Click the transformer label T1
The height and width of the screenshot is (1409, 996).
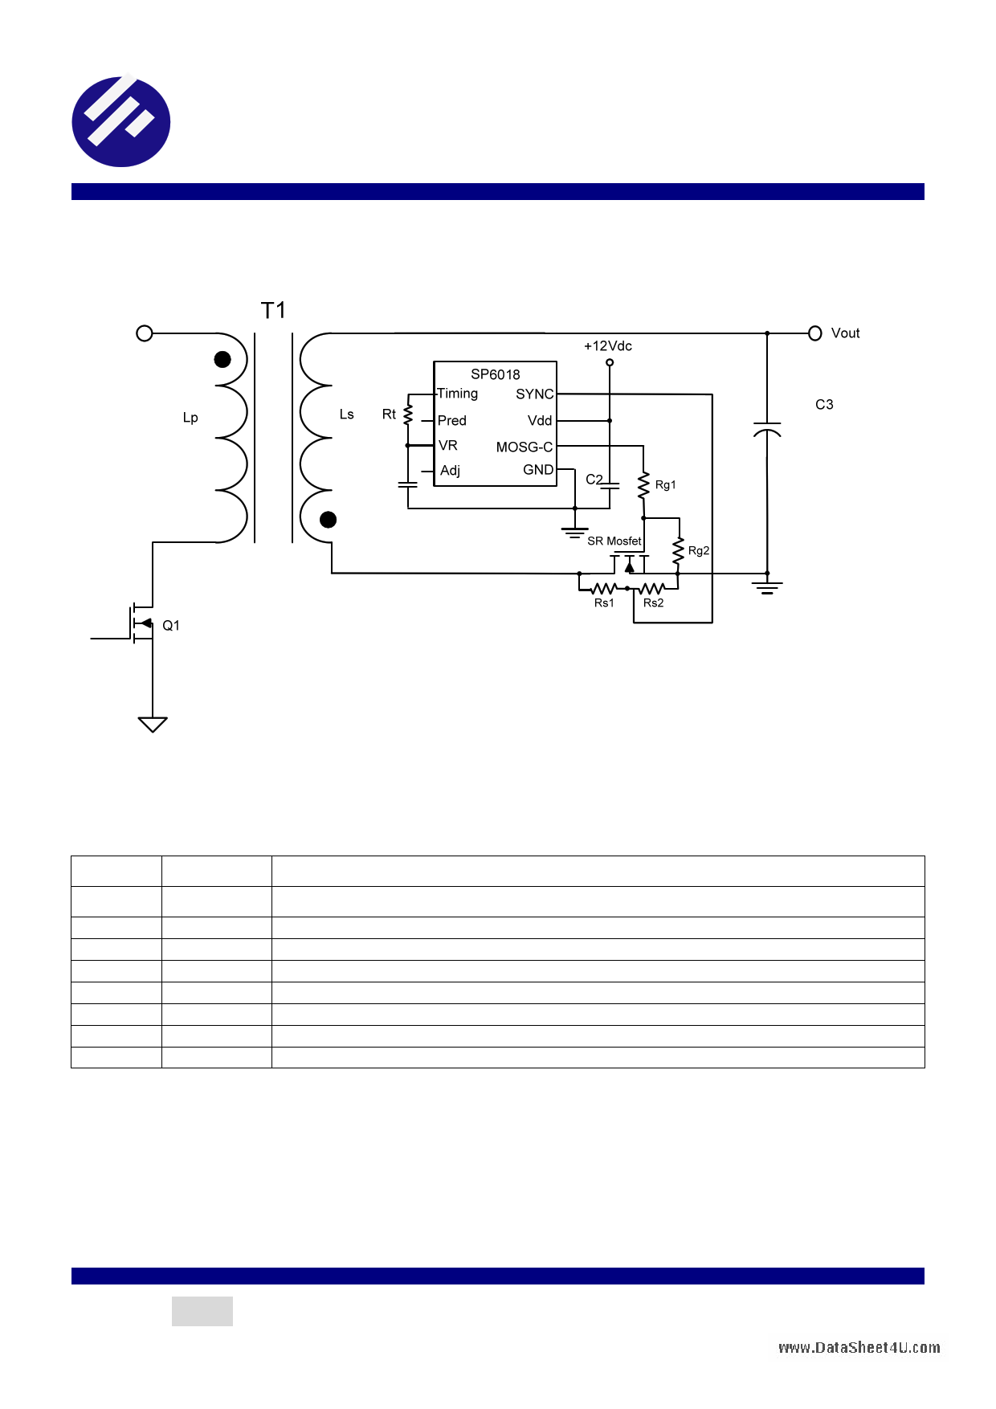[273, 310]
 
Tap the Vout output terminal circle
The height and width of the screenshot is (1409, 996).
[814, 333]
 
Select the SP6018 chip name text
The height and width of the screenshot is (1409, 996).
[495, 374]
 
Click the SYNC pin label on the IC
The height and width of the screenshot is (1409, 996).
[534, 394]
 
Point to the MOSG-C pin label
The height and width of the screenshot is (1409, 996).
[525, 447]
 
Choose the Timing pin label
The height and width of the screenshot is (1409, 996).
[457, 394]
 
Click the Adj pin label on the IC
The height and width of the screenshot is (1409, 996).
[450, 471]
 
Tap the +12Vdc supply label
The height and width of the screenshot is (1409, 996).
[608, 346]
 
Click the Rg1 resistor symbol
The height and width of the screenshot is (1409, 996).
[643, 484]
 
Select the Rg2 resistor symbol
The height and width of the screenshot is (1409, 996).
[679, 550]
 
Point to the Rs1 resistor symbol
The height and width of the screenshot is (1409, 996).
[603, 589]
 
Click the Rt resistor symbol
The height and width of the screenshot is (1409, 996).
[408, 415]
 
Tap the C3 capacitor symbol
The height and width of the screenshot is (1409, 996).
[767, 430]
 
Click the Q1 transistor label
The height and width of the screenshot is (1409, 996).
[171, 626]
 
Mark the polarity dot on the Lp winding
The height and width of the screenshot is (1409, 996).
[222, 360]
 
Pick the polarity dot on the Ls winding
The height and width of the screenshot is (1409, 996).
[328, 520]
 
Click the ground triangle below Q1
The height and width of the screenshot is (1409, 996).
[153, 725]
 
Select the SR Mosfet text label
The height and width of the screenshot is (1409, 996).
[614, 541]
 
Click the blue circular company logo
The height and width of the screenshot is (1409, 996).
[121, 121]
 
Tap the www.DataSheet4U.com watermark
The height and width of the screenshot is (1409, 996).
[859, 1348]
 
